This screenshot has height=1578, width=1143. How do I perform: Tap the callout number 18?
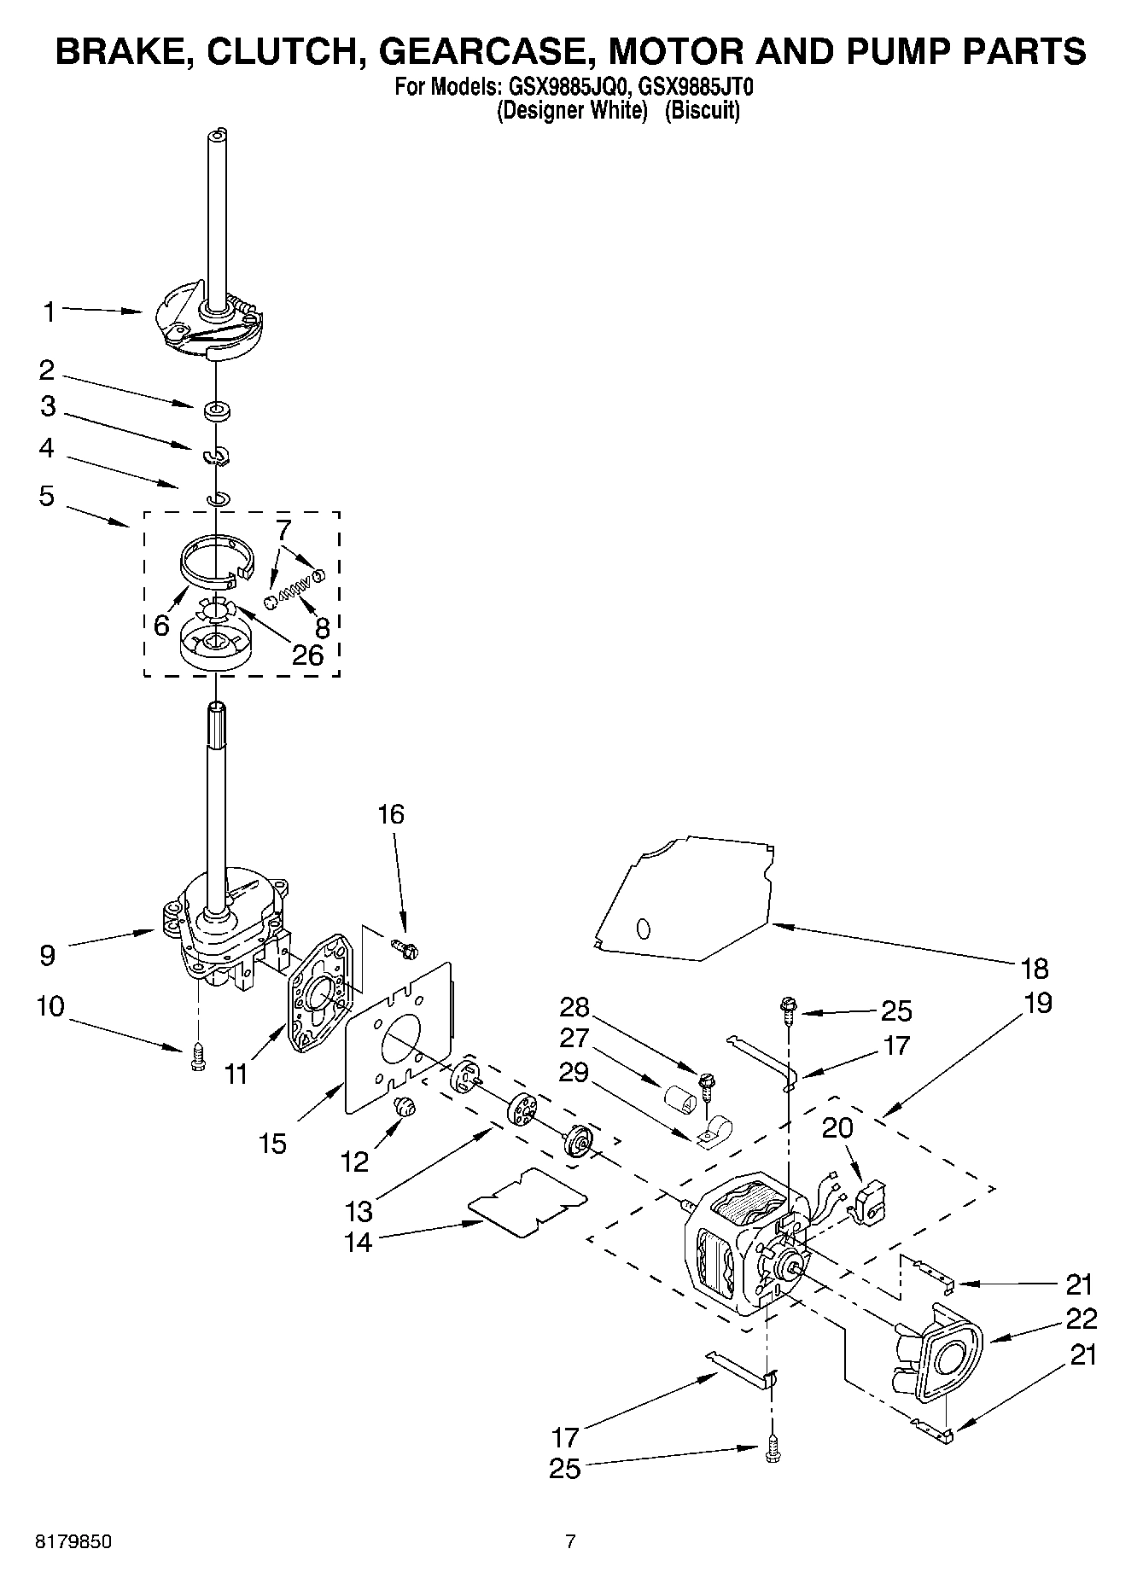1034,969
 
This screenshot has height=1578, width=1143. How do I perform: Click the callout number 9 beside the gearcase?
48,955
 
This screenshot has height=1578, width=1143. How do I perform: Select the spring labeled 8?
295,589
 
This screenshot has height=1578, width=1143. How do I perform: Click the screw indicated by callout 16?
402,946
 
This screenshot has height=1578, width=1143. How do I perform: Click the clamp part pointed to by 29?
710,1134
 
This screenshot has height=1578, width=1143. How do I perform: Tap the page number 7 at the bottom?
570,1541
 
